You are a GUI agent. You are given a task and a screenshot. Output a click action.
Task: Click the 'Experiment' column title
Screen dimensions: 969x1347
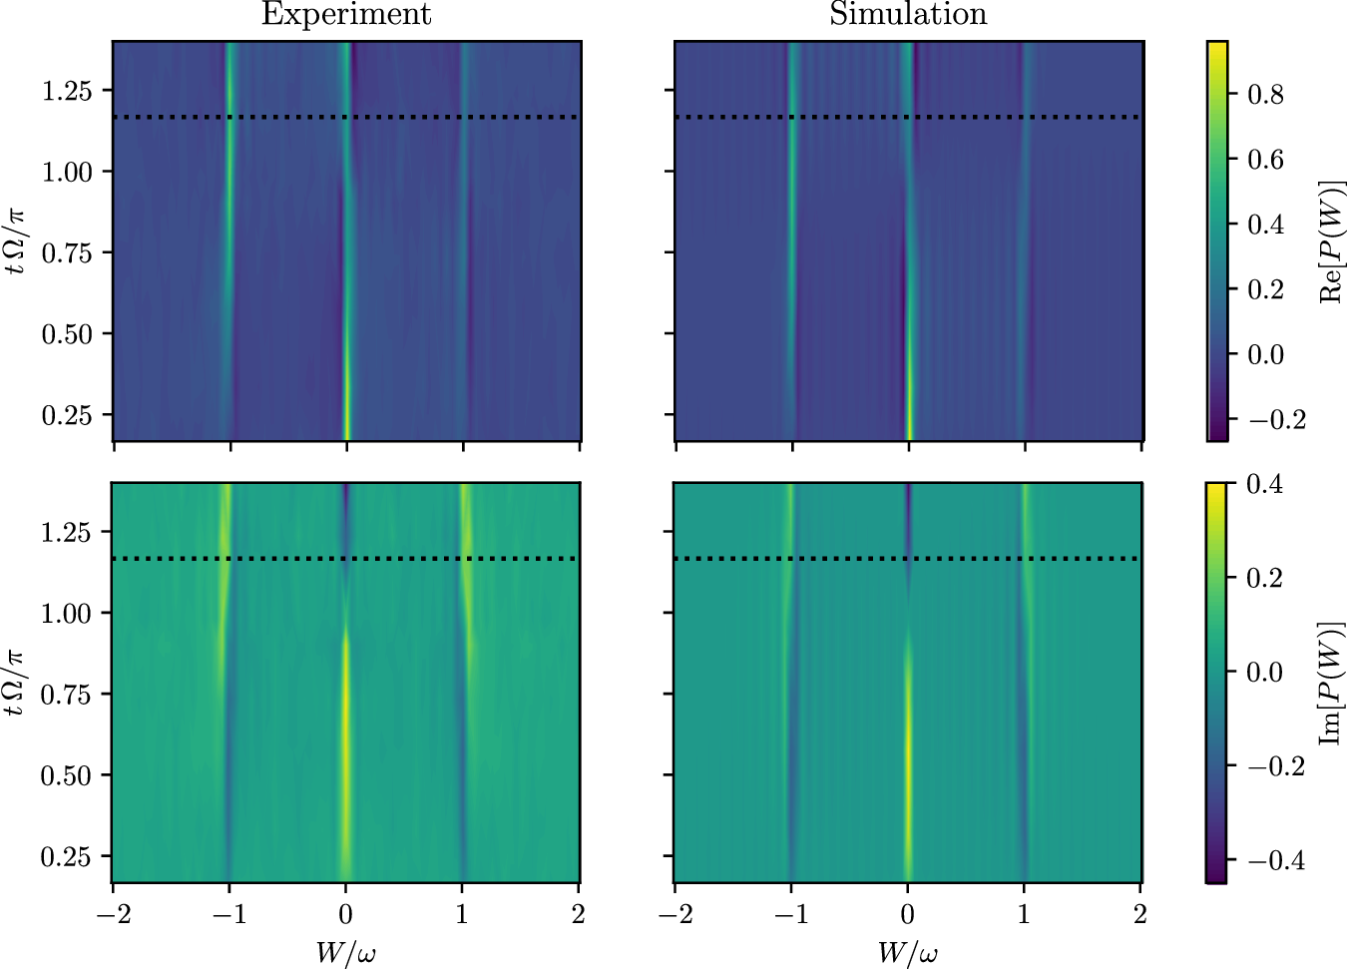click(346, 15)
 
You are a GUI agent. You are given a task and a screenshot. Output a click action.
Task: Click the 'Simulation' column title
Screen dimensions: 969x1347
click(908, 15)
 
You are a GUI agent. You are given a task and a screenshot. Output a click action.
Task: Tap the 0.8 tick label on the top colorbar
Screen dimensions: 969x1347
click(1265, 95)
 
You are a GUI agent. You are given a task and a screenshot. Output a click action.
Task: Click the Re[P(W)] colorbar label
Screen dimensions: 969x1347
click(1331, 242)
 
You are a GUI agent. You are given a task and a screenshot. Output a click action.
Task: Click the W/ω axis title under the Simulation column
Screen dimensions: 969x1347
click(907, 953)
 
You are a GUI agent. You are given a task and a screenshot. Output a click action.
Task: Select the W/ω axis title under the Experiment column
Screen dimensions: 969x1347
click(345, 953)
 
